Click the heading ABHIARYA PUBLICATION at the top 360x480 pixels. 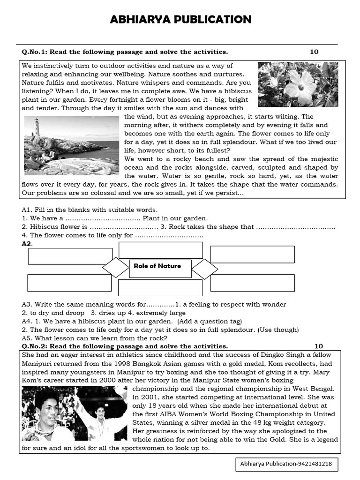180,19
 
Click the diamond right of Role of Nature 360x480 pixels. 205,269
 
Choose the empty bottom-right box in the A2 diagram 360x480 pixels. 252,283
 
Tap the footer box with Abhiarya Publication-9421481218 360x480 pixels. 286,464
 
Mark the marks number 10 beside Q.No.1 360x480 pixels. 314,52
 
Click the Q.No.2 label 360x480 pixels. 34,346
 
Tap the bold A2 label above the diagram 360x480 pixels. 27,244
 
